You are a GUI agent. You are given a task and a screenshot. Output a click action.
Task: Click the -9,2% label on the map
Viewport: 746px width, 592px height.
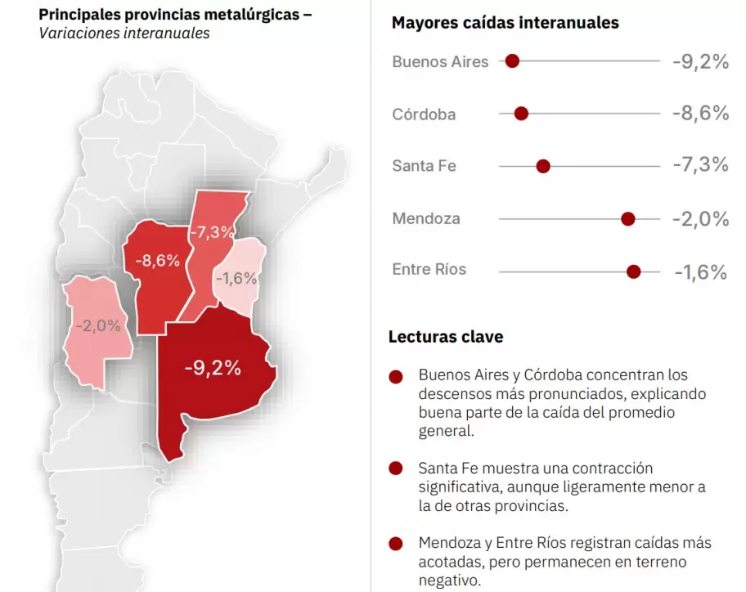coord(213,368)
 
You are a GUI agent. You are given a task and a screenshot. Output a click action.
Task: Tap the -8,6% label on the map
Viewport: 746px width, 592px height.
coord(157,261)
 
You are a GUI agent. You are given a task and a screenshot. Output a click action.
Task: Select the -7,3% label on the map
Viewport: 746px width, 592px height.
coord(212,232)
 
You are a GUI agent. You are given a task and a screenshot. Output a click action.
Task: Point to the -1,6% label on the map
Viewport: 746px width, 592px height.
coord(237,278)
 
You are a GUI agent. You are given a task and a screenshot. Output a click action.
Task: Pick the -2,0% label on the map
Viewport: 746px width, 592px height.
coord(98,325)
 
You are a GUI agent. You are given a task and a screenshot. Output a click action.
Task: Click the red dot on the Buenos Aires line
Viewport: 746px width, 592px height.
coord(513,61)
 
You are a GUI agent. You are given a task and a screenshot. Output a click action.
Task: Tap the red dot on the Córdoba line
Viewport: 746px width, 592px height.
coord(521,114)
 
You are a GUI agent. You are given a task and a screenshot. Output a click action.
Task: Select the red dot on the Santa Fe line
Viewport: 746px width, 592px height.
coord(543,166)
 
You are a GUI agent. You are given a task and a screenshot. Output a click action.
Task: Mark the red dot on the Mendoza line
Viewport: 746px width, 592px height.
coord(628,218)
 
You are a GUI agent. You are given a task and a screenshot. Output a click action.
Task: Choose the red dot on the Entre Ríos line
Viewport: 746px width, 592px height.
coord(633,271)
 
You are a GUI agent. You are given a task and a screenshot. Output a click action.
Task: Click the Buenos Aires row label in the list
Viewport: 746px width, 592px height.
coord(440,61)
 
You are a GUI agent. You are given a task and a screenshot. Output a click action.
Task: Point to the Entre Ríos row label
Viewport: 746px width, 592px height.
coord(429,270)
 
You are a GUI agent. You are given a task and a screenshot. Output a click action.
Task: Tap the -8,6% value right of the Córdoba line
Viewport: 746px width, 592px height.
coord(700,113)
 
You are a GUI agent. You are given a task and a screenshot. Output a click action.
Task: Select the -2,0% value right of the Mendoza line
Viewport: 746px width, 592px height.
coord(700,218)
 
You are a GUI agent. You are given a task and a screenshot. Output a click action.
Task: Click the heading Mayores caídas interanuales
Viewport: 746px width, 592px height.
coord(505,22)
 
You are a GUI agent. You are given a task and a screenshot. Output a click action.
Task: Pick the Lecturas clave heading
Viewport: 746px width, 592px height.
coord(446,337)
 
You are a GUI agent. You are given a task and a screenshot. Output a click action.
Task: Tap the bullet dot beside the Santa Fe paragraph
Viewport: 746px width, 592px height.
coord(397,469)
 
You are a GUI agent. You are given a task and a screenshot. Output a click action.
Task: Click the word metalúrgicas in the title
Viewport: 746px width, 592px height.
coord(249,14)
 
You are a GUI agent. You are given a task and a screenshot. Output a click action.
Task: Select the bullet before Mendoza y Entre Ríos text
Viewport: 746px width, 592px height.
coord(397,543)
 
